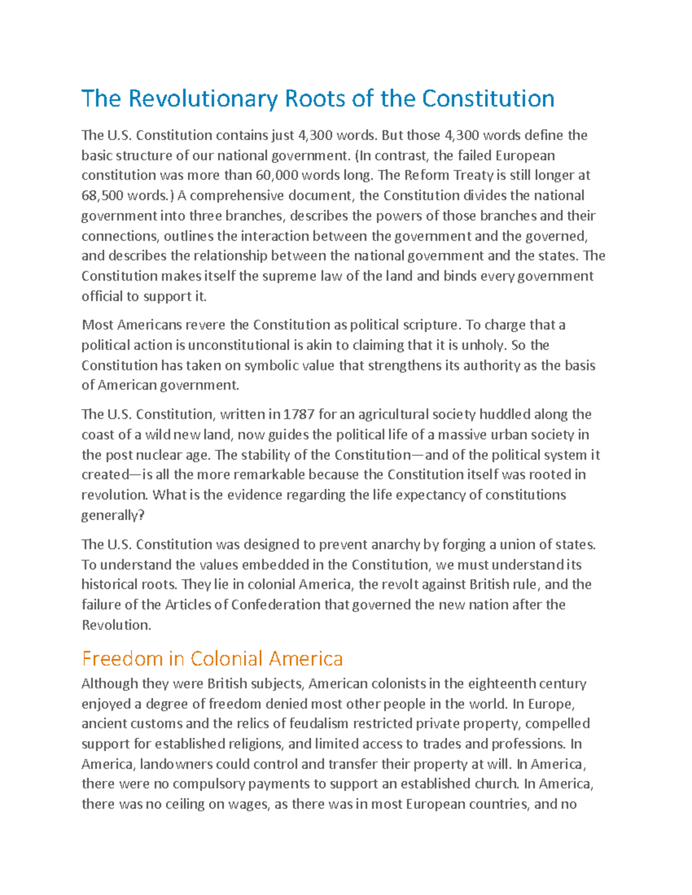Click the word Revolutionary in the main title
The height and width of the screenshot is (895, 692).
tap(202, 99)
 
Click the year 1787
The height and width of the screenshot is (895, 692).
tap(299, 414)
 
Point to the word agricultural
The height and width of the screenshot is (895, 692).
tap(392, 414)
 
